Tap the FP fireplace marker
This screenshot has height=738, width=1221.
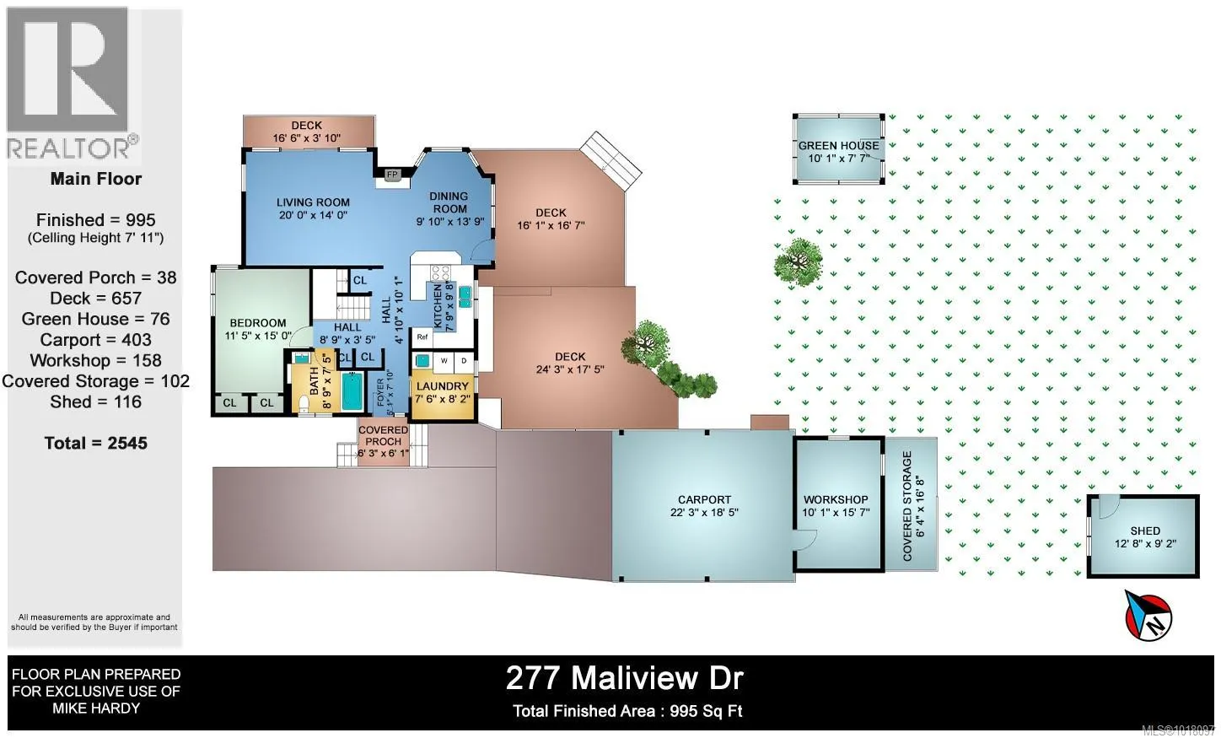click(x=392, y=175)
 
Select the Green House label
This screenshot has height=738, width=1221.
click(x=838, y=145)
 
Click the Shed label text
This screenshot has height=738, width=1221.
click(x=1145, y=531)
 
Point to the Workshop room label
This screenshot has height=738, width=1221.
click(x=835, y=499)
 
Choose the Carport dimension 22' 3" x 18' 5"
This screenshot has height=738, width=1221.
click(x=704, y=512)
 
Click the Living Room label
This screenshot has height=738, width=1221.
click(x=313, y=202)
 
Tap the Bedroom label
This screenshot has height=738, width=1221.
click(x=258, y=323)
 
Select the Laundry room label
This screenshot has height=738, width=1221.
click(x=442, y=386)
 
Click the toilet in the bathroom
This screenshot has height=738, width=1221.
click(x=304, y=402)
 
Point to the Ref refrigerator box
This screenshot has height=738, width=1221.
click(x=422, y=337)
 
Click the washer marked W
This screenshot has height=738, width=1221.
click(x=444, y=361)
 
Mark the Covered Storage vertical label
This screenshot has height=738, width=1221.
click(x=908, y=506)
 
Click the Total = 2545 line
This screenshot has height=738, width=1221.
click(x=95, y=443)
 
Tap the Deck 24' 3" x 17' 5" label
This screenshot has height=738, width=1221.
click(x=570, y=363)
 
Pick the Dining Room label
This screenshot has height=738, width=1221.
click(x=449, y=202)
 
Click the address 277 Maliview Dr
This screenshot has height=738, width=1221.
click(x=624, y=677)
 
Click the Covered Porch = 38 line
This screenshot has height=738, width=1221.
click(x=95, y=277)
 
